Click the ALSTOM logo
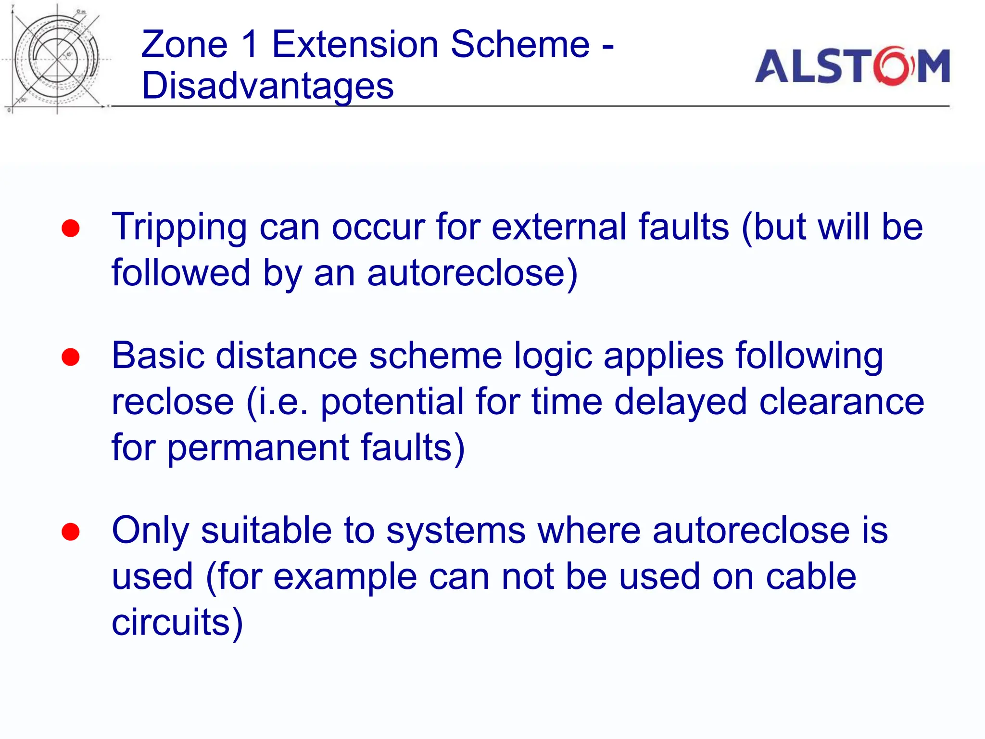click(852, 66)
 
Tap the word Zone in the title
click(184, 44)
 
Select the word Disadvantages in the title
click(268, 86)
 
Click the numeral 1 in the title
click(250, 44)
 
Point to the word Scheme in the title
click(520, 44)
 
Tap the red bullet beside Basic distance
click(71, 357)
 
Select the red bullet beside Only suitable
click(71, 532)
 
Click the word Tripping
click(179, 227)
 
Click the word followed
click(181, 273)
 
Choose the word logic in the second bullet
click(553, 357)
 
